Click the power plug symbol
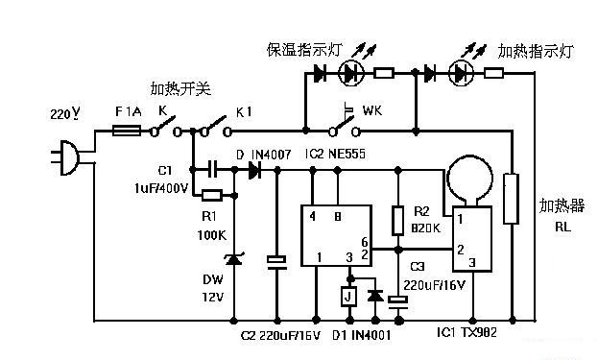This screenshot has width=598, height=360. pyautogui.click(x=60, y=156)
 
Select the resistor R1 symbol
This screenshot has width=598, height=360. pyautogui.click(x=212, y=195)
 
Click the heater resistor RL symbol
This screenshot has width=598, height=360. pyautogui.click(x=513, y=199)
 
